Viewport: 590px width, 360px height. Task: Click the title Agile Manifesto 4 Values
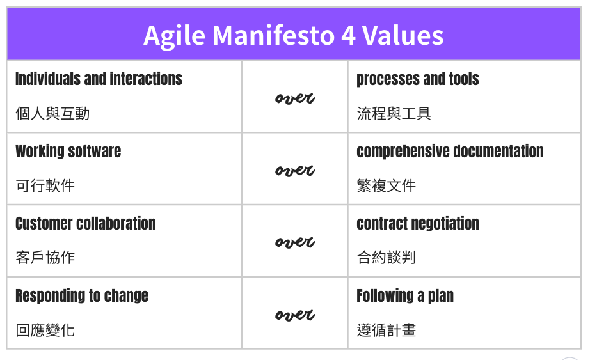[293, 35]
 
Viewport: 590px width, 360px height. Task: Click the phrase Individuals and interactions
[99, 79]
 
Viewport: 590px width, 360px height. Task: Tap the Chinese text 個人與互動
[52, 114]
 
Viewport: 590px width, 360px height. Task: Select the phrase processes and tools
[417, 79]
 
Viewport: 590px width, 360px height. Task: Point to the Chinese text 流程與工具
[394, 114]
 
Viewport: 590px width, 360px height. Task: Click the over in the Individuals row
[294, 98]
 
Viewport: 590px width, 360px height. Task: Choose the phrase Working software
[68, 152]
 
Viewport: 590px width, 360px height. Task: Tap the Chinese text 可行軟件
[45, 186]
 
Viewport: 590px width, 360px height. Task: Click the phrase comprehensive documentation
[450, 152]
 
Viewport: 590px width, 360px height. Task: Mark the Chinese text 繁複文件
[386, 186]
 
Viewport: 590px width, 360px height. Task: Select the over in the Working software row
[294, 170]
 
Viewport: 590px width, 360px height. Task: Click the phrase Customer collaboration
[85, 224]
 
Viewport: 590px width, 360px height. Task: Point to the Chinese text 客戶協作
[45, 258]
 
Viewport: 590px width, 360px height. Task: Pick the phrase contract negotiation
[417, 224]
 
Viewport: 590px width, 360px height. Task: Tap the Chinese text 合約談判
[386, 258]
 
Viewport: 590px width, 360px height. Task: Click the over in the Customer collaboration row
[294, 242]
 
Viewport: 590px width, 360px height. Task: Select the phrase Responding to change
[81, 296]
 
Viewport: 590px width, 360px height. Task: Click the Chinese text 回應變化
[45, 331]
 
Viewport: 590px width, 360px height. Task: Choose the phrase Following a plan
[405, 296]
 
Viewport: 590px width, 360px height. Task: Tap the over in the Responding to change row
[294, 315]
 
